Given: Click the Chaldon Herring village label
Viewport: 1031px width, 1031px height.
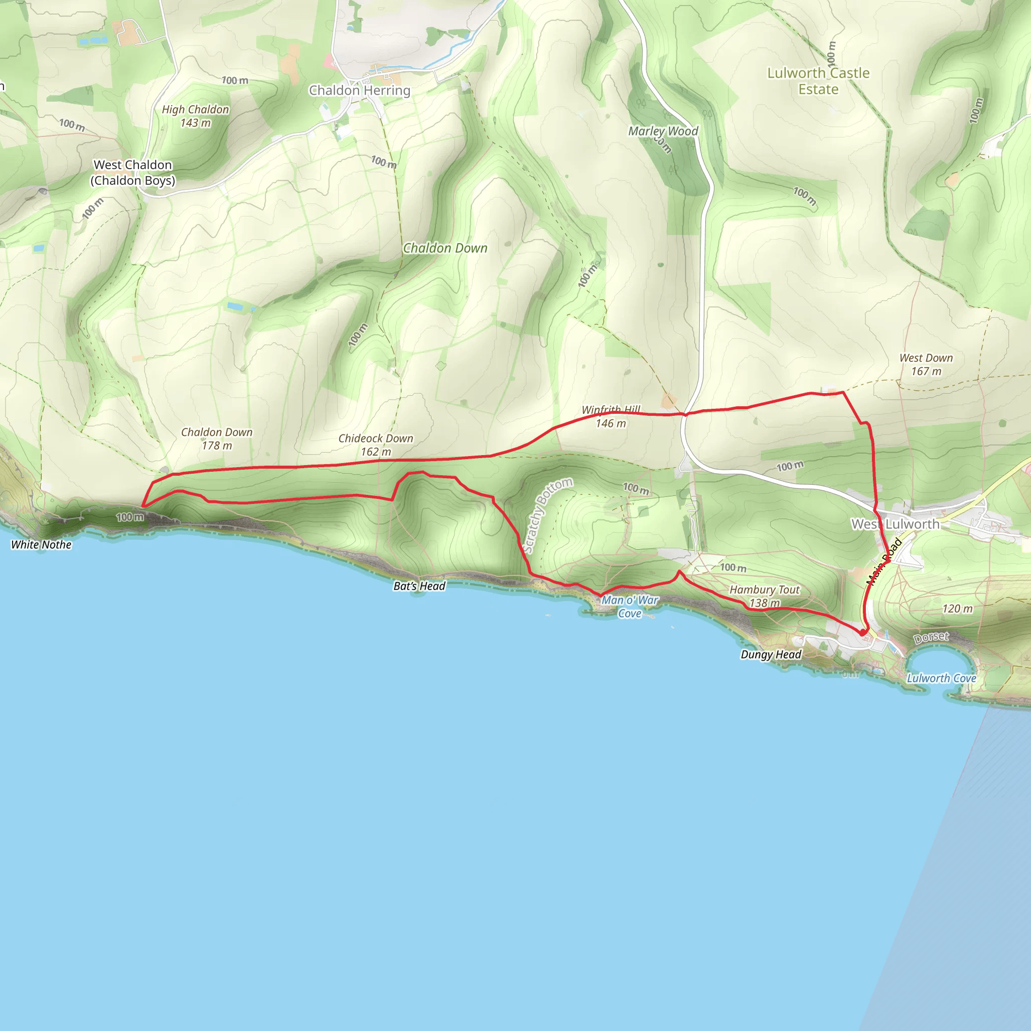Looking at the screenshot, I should tap(359, 90).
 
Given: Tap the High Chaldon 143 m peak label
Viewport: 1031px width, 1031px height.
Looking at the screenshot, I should tap(195, 116).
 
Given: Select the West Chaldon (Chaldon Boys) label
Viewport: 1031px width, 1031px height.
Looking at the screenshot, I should tap(132, 172).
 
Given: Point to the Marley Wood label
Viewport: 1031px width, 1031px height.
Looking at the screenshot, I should tap(663, 131).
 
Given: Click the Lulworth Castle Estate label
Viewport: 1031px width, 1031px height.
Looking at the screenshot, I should tap(818, 81).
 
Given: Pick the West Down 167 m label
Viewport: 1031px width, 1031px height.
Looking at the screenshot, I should tap(926, 364).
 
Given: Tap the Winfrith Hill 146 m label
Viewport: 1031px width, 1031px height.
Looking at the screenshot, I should tap(611, 417).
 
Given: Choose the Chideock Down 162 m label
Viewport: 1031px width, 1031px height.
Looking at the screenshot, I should tap(376, 445).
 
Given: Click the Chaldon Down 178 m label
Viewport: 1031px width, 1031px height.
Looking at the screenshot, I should tap(216, 438).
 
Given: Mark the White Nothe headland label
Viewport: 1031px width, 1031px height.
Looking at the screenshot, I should tap(41, 544).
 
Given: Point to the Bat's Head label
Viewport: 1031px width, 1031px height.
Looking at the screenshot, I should tap(419, 586).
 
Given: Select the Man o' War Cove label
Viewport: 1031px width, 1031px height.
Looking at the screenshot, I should tap(630, 607).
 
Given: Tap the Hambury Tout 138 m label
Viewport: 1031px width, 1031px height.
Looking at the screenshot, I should tap(764, 596).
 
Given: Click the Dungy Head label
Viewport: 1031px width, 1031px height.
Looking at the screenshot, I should tap(771, 654).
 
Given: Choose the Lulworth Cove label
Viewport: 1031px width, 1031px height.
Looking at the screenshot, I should tap(941, 678).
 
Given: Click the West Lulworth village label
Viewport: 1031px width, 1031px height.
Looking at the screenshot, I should tap(895, 524).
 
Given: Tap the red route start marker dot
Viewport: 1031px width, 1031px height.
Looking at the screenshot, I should tap(862, 632).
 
